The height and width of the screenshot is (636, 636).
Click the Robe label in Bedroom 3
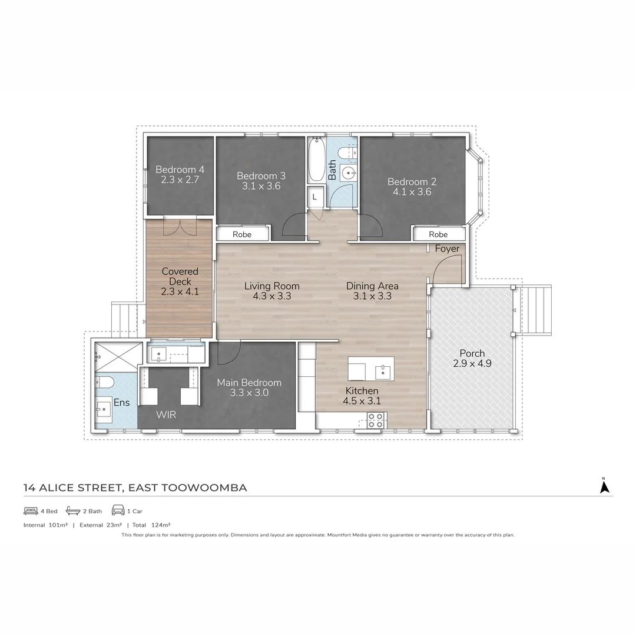coord(242,234)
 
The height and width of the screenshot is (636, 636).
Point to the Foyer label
coord(447,249)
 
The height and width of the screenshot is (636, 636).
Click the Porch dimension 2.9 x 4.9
coord(472,364)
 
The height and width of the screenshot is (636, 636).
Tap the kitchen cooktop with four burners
coord(376,420)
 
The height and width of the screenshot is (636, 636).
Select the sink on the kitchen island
coord(383,371)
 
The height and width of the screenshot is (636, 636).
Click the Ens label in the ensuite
coord(121,403)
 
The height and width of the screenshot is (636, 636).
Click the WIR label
coord(165,415)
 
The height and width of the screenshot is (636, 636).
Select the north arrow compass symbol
coord(604,486)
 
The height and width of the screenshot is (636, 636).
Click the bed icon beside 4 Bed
coord(31,511)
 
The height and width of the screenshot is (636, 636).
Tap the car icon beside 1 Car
coord(118,511)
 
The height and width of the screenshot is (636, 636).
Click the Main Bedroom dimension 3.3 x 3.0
coord(249,393)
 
